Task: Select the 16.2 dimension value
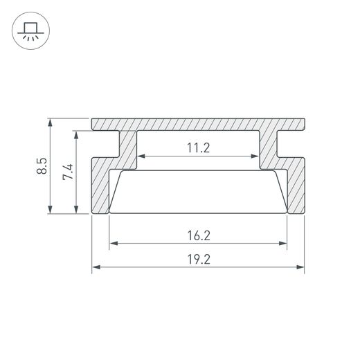[198, 235]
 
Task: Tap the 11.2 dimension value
[198, 147]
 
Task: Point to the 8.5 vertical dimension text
[43, 166]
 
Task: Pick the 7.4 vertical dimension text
[68, 172]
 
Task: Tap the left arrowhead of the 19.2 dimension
[96, 267]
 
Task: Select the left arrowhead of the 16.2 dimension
[114, 243]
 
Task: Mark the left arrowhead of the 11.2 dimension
[141, 156]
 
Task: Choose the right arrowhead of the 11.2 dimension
[256, 156]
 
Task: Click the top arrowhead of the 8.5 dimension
[51, 123]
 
